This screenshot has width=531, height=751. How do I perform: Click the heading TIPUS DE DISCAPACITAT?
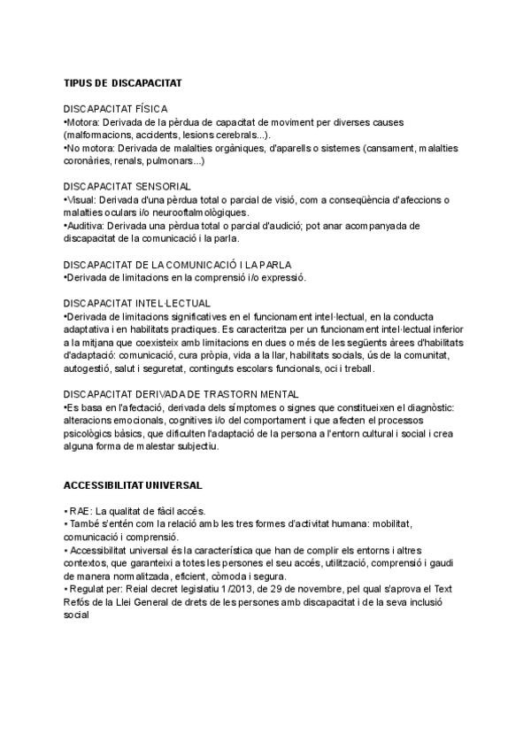coord(122,82)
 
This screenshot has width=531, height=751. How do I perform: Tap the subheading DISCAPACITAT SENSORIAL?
coord(127,187)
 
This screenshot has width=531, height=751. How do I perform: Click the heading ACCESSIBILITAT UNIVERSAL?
coord(133,485)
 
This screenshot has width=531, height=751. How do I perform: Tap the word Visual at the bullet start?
coord(82,200)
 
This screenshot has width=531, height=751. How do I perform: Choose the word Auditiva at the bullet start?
coord(87,226)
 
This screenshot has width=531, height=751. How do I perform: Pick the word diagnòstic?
coord(429,407)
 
